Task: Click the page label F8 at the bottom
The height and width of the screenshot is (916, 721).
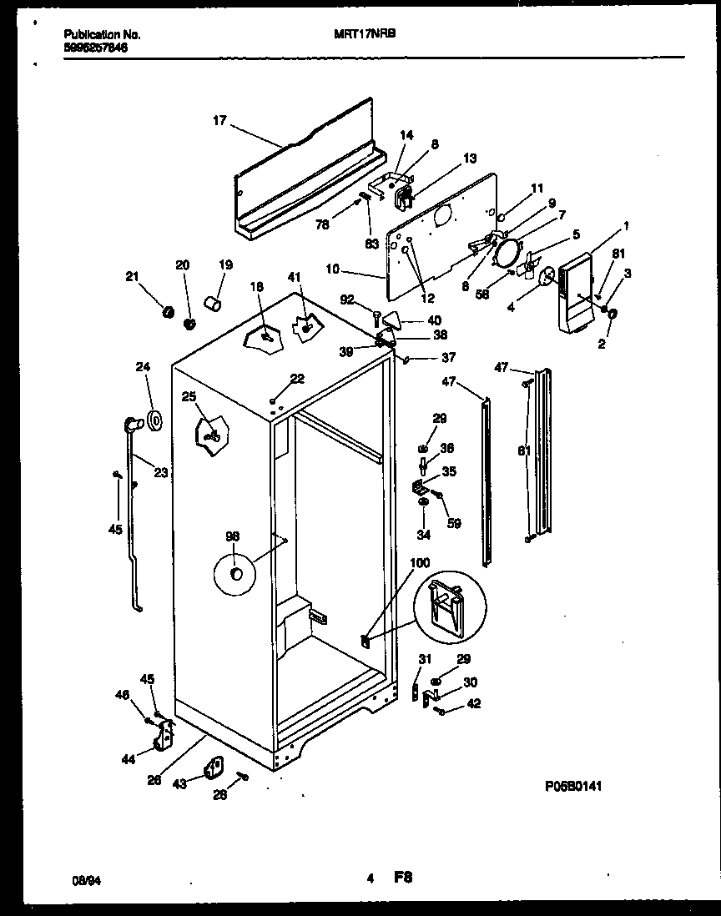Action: [403, 878]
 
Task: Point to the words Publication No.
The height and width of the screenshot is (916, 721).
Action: [102, 35]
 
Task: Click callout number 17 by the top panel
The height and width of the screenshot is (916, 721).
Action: [219, 121]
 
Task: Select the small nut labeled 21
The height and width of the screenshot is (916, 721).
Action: [167, 313]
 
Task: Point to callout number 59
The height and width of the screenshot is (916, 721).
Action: [455, 524]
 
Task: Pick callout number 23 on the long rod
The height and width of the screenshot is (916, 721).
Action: [160, 471]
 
